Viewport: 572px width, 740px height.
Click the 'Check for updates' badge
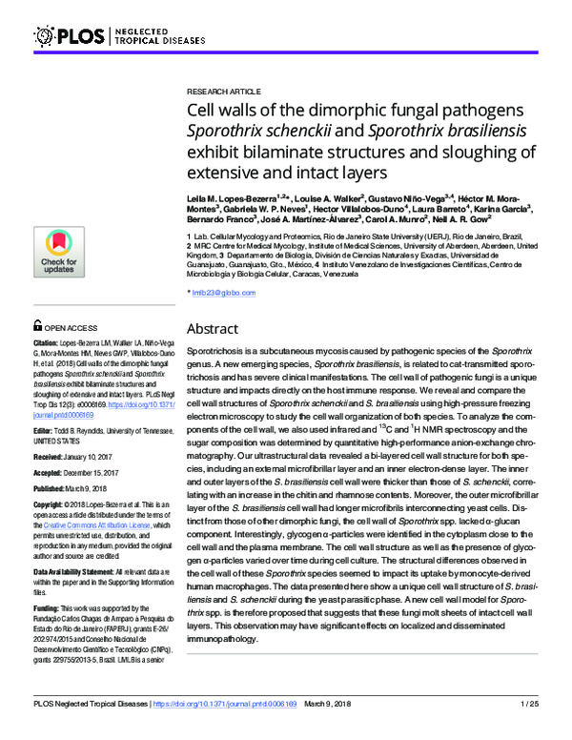pyautogui.click(x=59, y=253)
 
